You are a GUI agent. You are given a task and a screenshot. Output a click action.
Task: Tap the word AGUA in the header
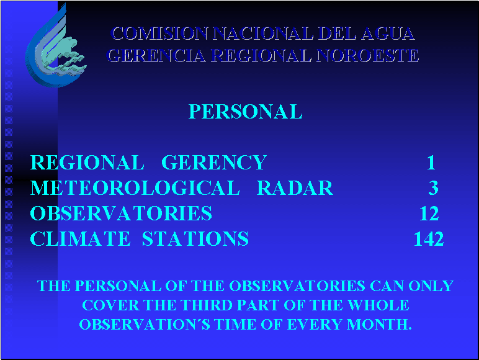pyautogui.click(x=388, y=34)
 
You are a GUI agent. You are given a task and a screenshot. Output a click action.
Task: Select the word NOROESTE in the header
pyautogui.click(x=367, y=56)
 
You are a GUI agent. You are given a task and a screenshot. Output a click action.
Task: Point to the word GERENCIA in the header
pyautogui.click(x=157, y=56)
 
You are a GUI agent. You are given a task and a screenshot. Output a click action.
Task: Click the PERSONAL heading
pyautogui.click(x=245, y=112)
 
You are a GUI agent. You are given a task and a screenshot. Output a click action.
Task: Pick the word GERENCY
pyautogui.click(x=214, y=162)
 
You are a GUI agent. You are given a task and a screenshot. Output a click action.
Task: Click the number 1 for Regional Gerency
pyautogui.click(x=431, y=162)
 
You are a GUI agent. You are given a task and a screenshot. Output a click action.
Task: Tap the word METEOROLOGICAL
pyautogui.click(x=135, y=187)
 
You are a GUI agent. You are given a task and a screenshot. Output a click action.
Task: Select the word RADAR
pyautogui.click(x=295, y=187)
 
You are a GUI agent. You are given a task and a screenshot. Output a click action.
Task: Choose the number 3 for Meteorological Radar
pyautogui.click(x=434, y=187)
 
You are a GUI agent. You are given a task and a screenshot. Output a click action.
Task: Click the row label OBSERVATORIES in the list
pyautogui.click(x=121, y=213)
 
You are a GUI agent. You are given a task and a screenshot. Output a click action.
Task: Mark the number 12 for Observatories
pyautogui.click(x=429, y=214)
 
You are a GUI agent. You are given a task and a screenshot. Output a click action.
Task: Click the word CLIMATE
pyautogui.click(x=80, y=238)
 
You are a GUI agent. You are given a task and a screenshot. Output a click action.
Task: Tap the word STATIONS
pyautogui.click(x=195, y=238)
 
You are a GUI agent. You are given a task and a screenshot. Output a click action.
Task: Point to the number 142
pyautogui.click(x=429, y=239)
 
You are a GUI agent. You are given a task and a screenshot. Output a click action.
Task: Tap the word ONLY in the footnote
pyautogui.click(x=431, y=286)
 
